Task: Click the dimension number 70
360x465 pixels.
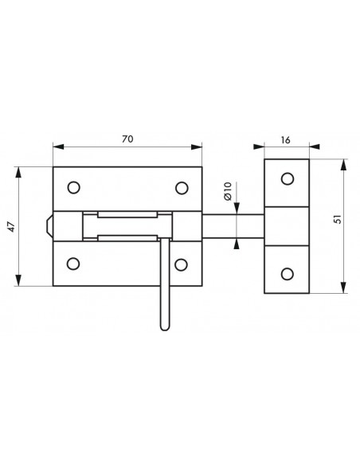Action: (x=127, y=139)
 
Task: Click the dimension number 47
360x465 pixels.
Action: (x=11, y=227)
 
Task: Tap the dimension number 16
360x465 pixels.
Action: (x=285, y=140)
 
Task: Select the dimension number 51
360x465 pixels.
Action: (x=338, y=219)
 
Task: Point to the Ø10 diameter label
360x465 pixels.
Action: (x=228, y=191)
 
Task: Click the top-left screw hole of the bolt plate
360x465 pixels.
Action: (x=73, y=187)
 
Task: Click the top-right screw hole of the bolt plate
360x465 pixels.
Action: (x=182, y=188)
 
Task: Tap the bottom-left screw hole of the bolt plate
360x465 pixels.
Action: (x=73, y=264)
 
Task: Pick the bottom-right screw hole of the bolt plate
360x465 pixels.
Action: (x=181, y=264)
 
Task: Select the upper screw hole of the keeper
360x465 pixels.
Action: (x=288, y=179)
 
